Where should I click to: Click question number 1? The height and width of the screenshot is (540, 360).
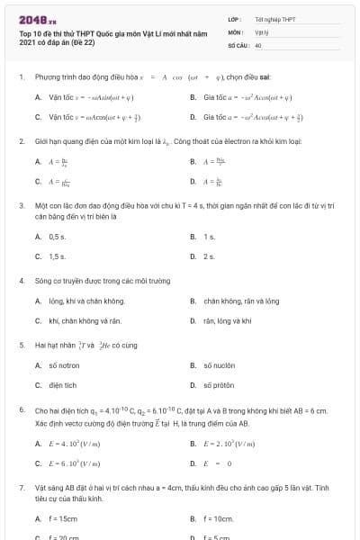pyautogui.click(x=22, y=77)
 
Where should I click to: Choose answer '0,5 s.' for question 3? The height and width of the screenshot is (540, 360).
pyautogui.click(x=57, y=237)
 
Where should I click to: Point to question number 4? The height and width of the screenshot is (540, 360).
pyautogui.click(x=22, y=281)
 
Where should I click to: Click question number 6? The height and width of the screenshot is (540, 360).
pyautogui.click(x=22, y=409)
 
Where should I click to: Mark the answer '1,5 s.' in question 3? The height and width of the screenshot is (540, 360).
pyautogui.click(x=57, y=256)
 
